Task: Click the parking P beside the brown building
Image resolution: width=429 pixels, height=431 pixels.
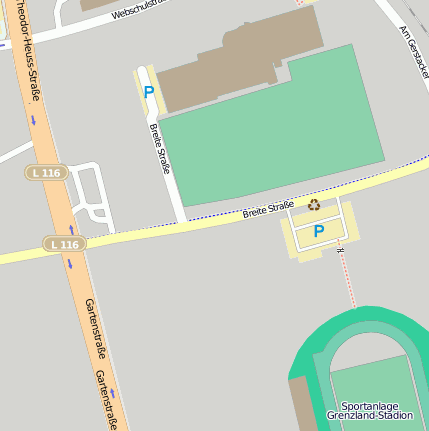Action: point(149,92)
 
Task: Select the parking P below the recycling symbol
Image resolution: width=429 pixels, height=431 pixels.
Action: point(319,231)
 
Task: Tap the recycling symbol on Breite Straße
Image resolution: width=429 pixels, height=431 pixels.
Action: point(314,205)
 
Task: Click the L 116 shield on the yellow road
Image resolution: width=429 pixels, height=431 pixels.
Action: point(63,244)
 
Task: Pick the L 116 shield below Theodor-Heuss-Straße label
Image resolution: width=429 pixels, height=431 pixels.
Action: point(45,173)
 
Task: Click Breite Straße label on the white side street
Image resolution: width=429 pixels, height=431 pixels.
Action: point(159,148)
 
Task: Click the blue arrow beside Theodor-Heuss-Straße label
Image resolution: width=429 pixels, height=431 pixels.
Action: point(33,120)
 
